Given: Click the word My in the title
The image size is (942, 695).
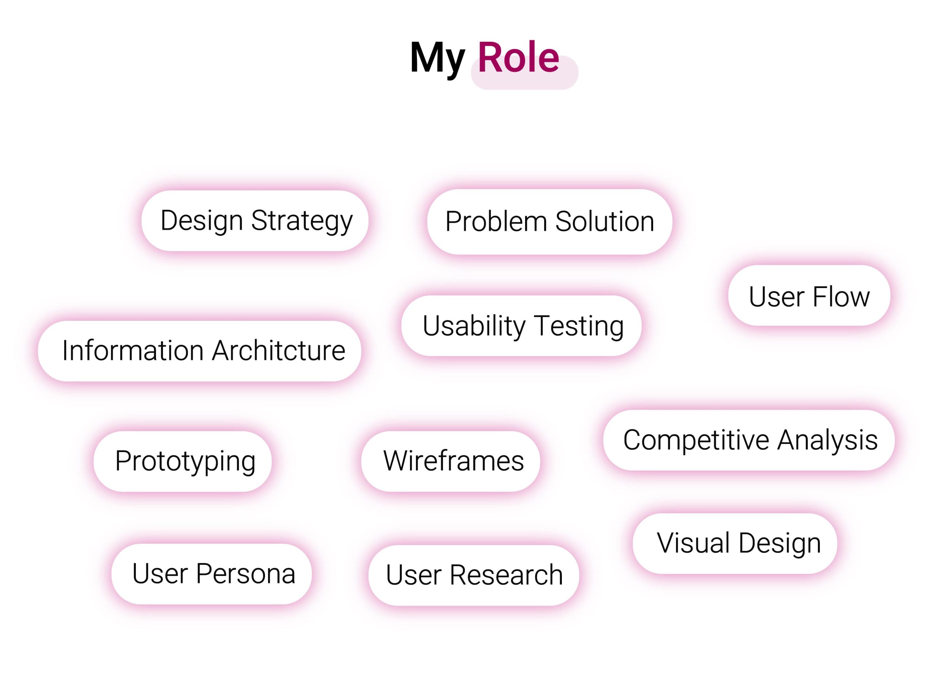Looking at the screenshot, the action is click(x=437, y=59).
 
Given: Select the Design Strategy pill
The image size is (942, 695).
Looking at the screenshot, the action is click(x=255, y=221).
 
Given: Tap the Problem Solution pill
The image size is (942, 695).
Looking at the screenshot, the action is click(x=549, y=222).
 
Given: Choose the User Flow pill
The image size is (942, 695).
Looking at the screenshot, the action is click(x=809, y=296).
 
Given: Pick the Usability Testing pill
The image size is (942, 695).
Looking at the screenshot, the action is click(x=521, y=326).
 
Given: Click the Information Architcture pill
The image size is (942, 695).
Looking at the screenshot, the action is click(x=199, y=351).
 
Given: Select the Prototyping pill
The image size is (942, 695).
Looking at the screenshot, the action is click(x=183, y=461).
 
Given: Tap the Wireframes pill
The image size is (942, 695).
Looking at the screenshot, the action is click(x=451, y=461).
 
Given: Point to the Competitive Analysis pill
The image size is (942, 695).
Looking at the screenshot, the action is click(x=749, y=440).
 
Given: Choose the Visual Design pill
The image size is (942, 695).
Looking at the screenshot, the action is click(x=735, y=543).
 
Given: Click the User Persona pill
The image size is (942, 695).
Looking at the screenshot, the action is click(x=212, y=574).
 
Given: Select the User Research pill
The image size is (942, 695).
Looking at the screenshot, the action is click(x=474, y=575).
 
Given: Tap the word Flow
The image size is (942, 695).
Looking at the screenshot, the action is click(x=841, y=297).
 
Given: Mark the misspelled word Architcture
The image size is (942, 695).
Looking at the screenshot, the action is click(x=279, y=351).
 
